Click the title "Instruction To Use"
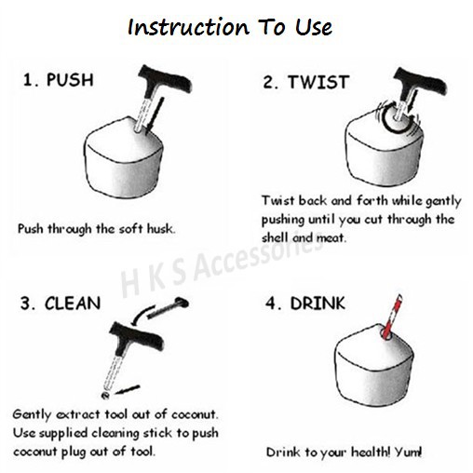230,27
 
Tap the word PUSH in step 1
70,80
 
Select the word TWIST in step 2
318,82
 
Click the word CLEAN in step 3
73,304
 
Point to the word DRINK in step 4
318,304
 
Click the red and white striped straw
392,317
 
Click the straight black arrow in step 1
155,115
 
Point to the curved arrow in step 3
142,315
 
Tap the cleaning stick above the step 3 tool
168,308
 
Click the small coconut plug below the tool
105,396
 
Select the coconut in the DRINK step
374,366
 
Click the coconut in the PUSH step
124,157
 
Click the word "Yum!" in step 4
408,452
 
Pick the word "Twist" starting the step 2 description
277,200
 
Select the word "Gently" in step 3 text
32,415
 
